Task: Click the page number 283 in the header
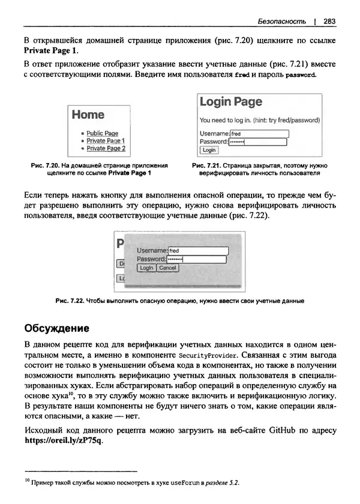coord(329,21)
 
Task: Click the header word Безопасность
coord(281,21)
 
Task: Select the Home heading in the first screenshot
coord(88,115)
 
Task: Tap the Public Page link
coord(102,133)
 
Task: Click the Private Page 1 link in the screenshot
coord(106,141)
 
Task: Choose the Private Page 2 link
coord(106,148)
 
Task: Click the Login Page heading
coord(231,102)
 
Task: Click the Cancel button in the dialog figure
coord(167,268)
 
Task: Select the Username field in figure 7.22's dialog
coord(197,250)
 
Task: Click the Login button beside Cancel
coord(146,268)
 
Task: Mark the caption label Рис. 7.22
coord(70,301)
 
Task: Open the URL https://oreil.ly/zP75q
coord(63,441)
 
